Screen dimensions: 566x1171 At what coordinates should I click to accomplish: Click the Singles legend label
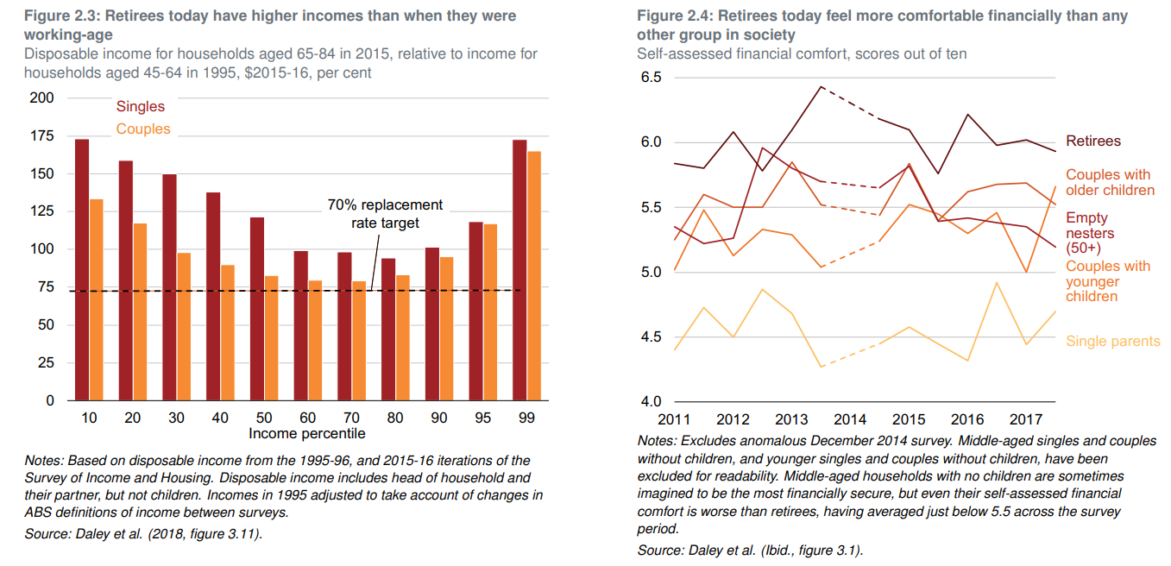(141, 106)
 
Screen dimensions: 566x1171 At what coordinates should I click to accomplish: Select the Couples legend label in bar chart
(143, 129)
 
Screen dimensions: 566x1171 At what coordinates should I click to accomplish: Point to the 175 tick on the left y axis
(42, 136)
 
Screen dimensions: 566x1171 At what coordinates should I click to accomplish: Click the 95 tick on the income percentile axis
(482, 417)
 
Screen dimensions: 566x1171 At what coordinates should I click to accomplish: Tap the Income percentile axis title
(307, 433)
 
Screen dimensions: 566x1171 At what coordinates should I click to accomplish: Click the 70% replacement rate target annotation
(385, 214)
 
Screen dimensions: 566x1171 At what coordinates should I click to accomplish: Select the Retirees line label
(1093, 141)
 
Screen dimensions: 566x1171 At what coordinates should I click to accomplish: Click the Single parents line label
(1112, 341)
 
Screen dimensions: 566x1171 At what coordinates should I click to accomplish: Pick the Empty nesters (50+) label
(1090, 233)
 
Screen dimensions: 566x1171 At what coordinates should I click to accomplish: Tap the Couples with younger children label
(1108, 281)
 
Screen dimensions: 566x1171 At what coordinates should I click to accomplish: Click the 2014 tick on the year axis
(850, 419)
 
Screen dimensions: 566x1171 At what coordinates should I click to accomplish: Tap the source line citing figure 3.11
(143, 534)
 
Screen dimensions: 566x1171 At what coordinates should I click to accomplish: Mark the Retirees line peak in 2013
(821, 86)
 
